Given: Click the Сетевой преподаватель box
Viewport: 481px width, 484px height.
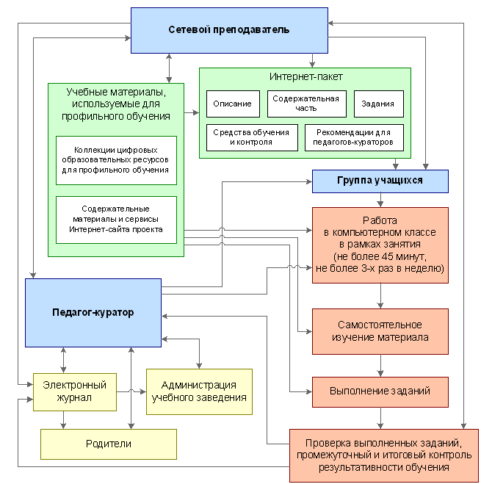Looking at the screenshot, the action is tap(229, 30).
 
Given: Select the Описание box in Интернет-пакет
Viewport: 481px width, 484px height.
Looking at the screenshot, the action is tap(233, 104).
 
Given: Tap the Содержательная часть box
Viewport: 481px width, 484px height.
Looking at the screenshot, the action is tap(307, 104).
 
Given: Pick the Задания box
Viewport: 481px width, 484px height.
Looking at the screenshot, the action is tap(379, 104).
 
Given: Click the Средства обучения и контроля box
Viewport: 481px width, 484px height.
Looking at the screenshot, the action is tap(252, 137).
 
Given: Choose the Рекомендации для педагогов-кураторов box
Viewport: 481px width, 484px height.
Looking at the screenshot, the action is tap(354, 137).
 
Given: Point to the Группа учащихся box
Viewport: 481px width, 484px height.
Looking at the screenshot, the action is tap(380, 181).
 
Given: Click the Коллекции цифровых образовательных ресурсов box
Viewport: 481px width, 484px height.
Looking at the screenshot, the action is tap(116, 161).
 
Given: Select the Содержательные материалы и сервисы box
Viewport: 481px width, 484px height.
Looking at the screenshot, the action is tap(116, 220).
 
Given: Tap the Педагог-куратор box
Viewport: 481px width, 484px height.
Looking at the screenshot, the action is tap(93, 313).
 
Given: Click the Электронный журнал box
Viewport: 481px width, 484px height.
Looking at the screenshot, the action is tap(75, 392).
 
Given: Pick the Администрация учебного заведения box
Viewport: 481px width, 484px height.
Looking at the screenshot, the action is tap(199, 391).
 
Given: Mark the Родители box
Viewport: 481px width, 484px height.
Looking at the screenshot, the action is tap(109, 444).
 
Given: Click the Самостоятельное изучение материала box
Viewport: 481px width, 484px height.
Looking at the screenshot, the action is tap(380, 331).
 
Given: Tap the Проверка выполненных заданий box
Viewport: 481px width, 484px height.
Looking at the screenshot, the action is tap(384, 455).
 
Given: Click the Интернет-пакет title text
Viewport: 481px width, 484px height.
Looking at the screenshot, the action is tap(306, 76).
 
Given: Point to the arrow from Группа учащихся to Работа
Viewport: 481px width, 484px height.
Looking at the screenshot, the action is tap(380, 200).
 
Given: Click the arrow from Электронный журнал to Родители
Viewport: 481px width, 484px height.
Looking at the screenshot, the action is tap(63, 420).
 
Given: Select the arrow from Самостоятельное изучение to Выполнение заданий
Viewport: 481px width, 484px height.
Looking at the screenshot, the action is tap(380, 366).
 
